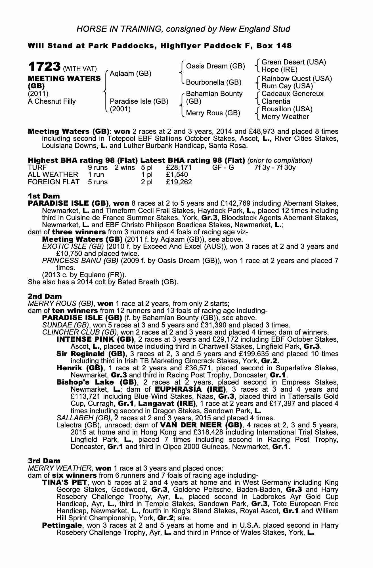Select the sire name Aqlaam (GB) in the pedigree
tap(130, 74)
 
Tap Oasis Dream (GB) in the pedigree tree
tap(215, 66)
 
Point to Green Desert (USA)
tap(294, 62)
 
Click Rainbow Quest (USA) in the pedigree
tap(297, 78)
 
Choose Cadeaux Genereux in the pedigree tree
tap(292, 94)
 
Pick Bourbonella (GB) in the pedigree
tap(213, 82)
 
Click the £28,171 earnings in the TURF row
tap(179, 168)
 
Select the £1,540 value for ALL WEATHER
tap(177, 175)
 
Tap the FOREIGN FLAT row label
tap(54, 182)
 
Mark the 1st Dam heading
tap(44, 196)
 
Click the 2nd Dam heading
tap(45, 296)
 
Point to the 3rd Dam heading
tap(44, 461)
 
